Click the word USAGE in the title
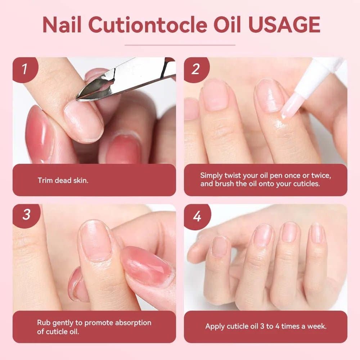pyautogui.click(x=284, y=25)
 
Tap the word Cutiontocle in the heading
pyautogui.click(x=148, y=25)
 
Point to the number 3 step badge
pyautogui.click(x=26, y=215)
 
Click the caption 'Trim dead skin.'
pyautogui.click(x=63, y=180)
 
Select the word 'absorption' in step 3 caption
pyautogui.click(x=133, y=323)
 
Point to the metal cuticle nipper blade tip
pyautogui.click(x=78, y=99)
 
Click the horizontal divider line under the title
pyautogui.click(x=180, y=45)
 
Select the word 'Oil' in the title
pyautogui.click(x=227, y=25)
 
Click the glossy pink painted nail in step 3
pyautogui.click(x=147, y=266)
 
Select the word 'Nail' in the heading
pyautogui.click(x=62, y=25)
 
